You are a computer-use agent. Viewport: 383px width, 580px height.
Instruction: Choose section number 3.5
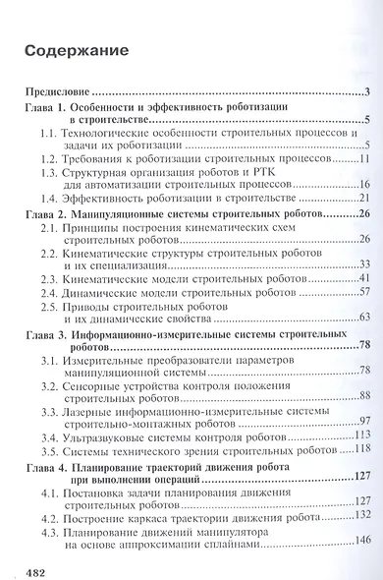tap(52, 449)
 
